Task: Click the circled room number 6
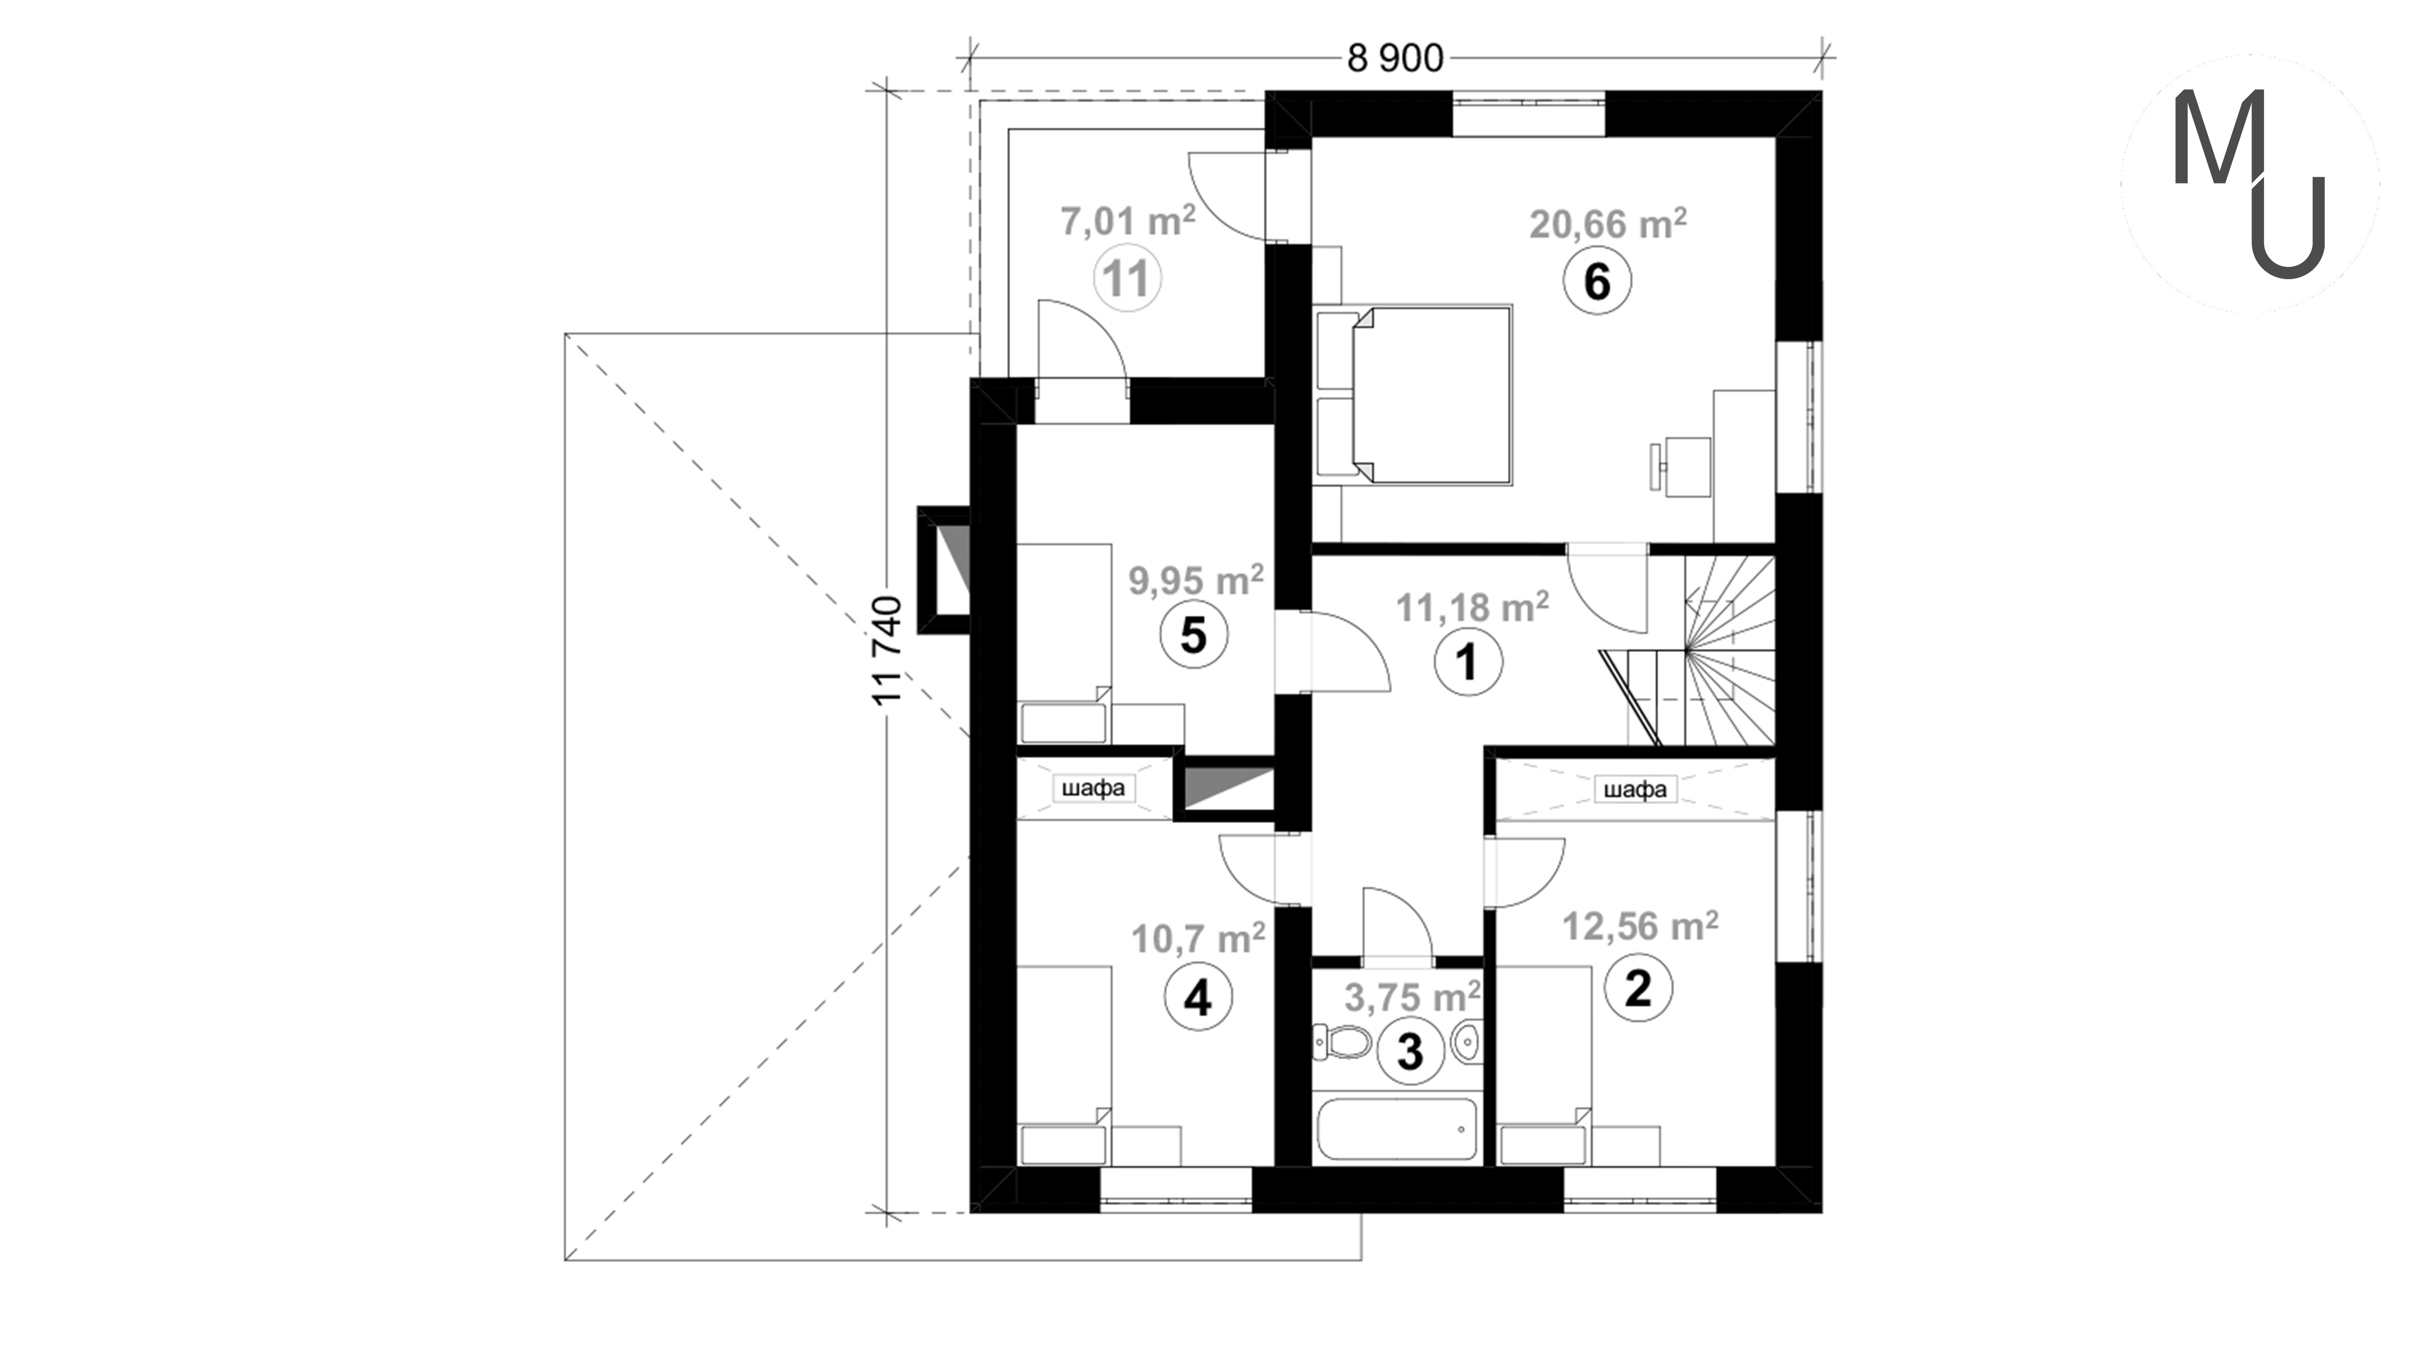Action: click(x=1597, y=281)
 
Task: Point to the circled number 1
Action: click(x=1467, y=662)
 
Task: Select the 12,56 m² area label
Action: click(x=1640, y=926)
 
